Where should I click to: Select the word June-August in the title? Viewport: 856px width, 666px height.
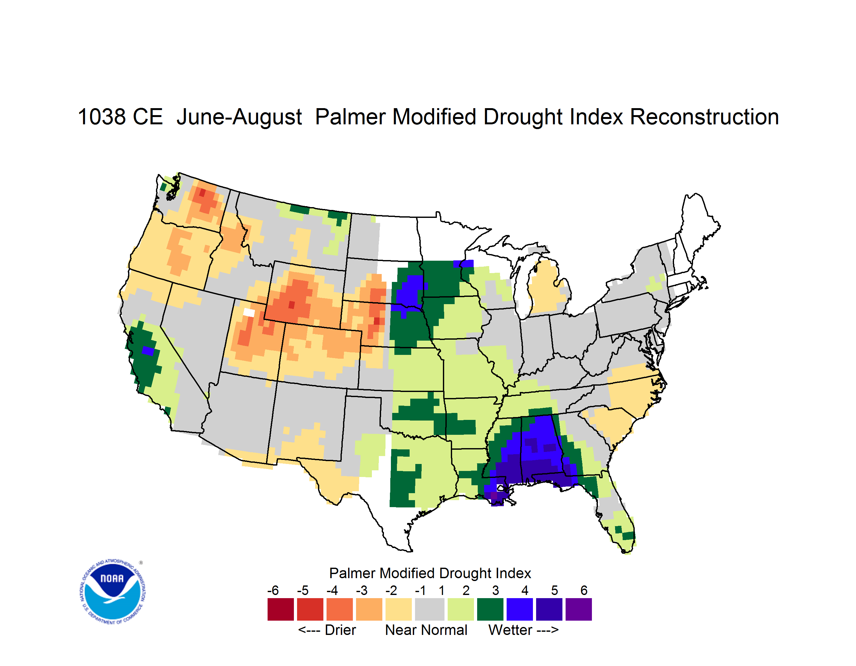239,117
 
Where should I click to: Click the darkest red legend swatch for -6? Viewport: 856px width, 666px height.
281,610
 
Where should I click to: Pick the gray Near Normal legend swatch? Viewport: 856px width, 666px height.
430,610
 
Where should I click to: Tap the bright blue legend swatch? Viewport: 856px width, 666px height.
520,610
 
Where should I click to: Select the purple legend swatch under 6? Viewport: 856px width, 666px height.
579,610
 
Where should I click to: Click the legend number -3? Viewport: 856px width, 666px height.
361,590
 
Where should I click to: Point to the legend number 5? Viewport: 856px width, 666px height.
554,590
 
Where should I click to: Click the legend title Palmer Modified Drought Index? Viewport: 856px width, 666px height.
430,573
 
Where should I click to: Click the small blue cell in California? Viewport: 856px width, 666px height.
148,351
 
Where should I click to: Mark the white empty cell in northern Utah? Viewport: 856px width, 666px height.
249,312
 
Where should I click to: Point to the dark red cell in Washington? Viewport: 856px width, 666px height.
202,193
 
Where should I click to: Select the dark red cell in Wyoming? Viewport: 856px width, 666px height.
292,304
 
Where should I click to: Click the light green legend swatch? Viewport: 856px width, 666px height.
461,610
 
